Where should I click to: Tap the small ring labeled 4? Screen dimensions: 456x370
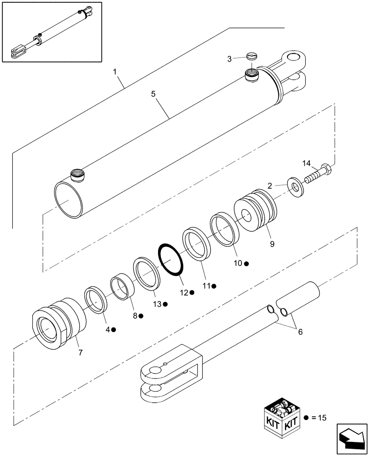[96, 299]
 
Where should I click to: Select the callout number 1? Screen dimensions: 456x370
[115, 72]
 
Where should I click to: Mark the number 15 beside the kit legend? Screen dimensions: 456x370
[323, 417]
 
